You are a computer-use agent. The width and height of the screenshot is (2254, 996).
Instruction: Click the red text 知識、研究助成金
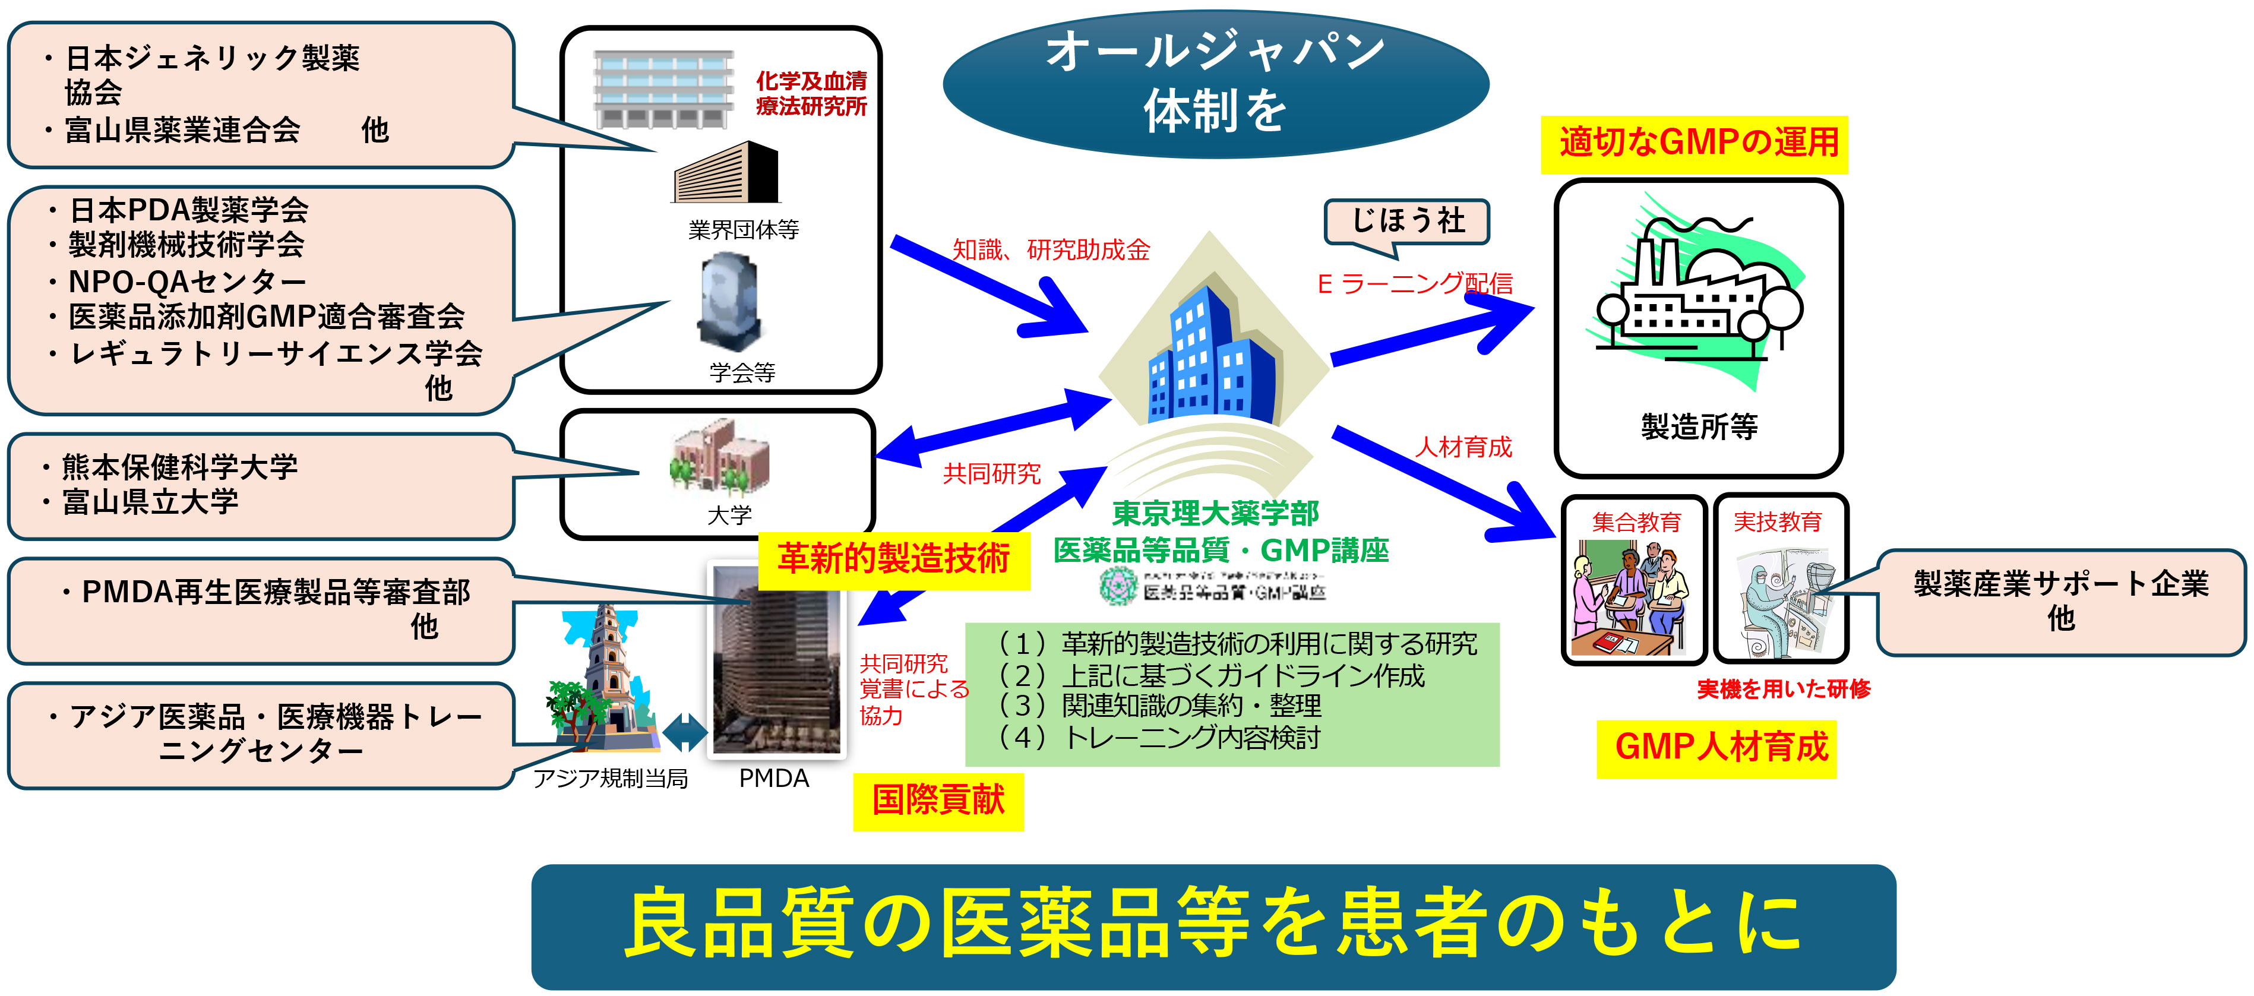coord(1050,250)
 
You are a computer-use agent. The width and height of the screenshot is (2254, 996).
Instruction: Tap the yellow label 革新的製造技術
coord(893,558)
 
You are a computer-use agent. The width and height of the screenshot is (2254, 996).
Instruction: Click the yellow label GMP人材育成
coord(1720,747)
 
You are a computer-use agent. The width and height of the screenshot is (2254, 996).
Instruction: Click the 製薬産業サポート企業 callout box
coord(2060,600)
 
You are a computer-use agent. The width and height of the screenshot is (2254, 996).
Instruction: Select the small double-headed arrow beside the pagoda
coord(685,732)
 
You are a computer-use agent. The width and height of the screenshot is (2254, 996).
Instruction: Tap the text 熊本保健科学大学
coord(179,466)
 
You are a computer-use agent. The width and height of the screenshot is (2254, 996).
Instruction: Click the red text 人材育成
coord(1463,447)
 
